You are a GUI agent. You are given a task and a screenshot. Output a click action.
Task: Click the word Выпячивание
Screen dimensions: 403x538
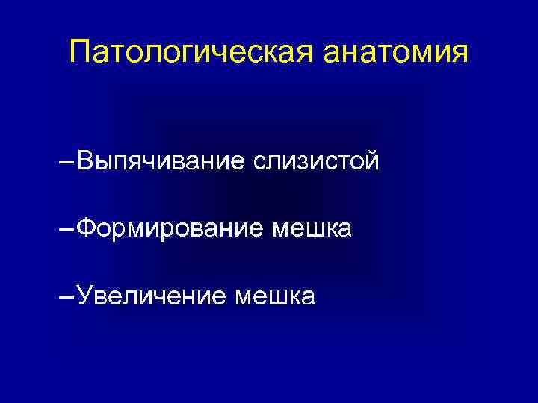[160, 160]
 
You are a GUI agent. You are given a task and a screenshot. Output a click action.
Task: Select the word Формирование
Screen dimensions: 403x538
[169, 228]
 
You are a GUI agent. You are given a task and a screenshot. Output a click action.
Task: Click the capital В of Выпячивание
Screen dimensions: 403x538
[84, 160]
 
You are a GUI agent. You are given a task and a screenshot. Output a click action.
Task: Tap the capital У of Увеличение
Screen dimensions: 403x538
[85, 296]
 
